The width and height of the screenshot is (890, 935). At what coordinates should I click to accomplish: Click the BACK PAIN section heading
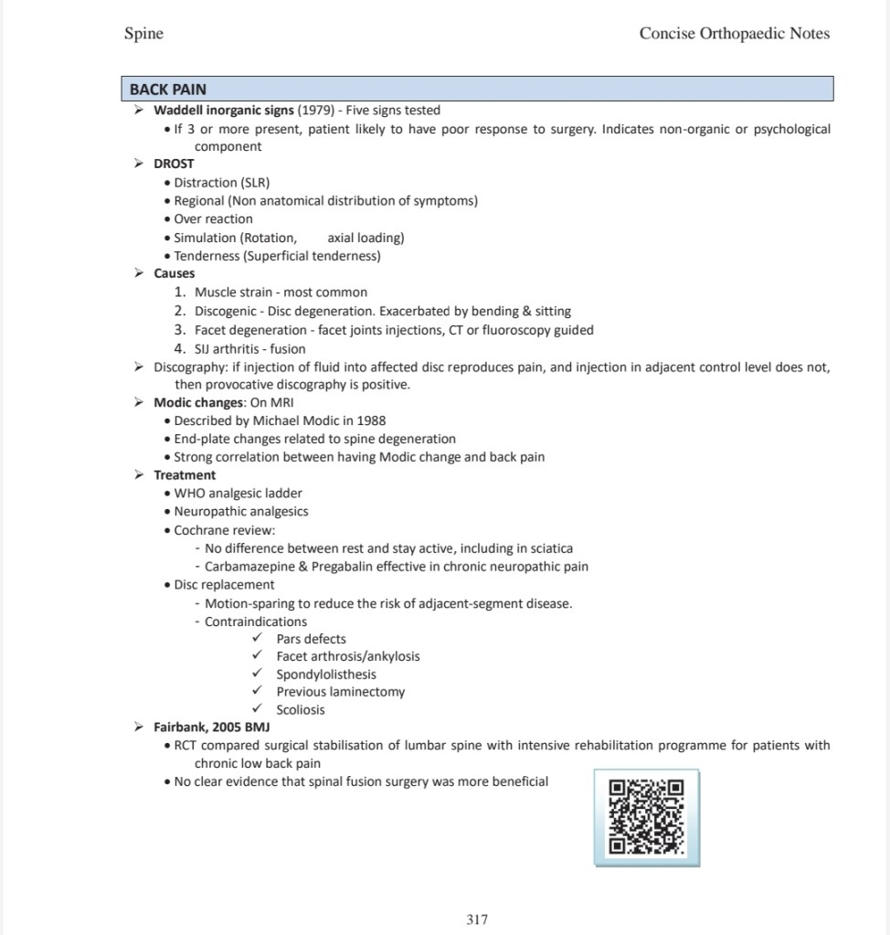pyautogui.click(x=168, y=90)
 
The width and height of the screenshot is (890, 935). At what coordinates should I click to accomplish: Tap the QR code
pyautogui.click(x=646, y=816)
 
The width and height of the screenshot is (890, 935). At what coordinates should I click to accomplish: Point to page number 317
pyautogui.click(x=477, y=919)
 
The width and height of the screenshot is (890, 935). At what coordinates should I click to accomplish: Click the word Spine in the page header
pyautogui.click(x=143, y=34)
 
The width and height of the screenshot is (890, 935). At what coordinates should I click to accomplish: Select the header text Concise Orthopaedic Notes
pyautogui.click(x=735, y=34)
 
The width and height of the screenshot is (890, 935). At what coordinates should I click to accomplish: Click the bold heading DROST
pyautogui.click(x=174, y=164)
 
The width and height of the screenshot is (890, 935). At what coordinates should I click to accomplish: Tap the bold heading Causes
pyautogui.click(x=174, y=273)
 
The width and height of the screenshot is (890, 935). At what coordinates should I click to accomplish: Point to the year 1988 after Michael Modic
pyautogui.click(x=368, y=420)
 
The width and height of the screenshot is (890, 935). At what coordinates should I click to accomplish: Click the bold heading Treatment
pyautogui.click(x=185, y=475)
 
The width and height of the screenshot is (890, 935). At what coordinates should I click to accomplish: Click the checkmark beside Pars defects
pyautogui.click(x=258, y=639)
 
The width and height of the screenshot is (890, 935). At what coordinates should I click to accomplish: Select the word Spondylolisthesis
pyautogui.click(x=326, y=675)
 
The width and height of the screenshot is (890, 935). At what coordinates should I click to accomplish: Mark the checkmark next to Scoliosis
pyautogui.click(x=258, y=709)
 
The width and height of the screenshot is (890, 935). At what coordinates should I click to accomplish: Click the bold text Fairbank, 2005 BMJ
pyautogui.click(x=212, y=728)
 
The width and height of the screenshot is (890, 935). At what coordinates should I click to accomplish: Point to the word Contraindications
pyautogui.click(x=256, y=622)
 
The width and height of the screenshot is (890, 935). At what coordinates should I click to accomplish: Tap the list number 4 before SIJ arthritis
pyautogui.click(x=180, y=349)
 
